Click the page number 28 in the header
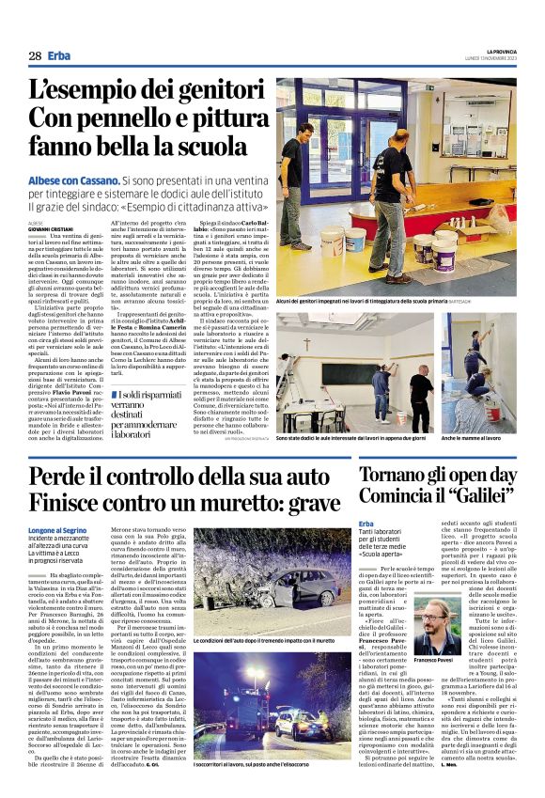(x=35, y=56)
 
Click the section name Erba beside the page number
(x=58, y=56)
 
